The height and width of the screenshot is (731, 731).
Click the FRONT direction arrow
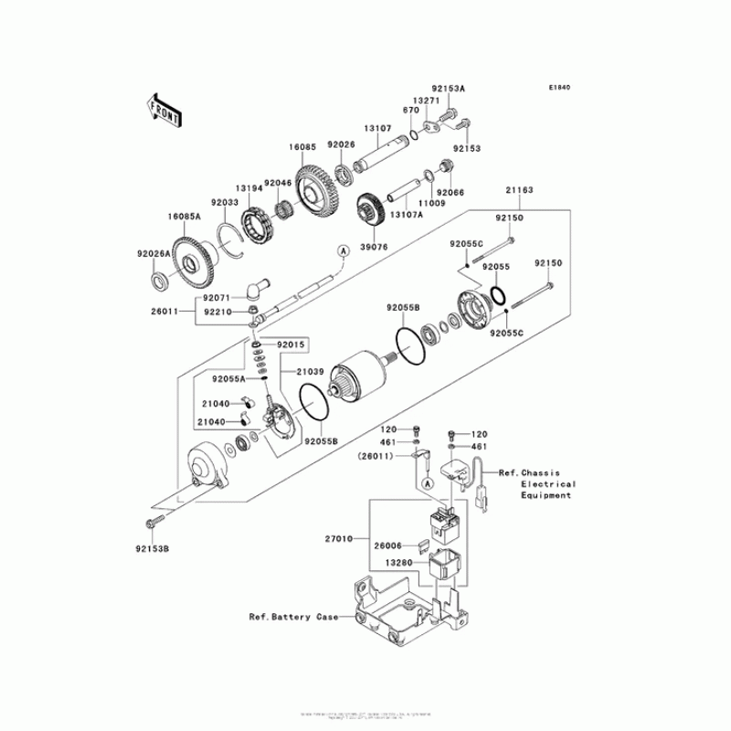161,107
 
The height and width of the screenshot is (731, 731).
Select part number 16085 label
303,146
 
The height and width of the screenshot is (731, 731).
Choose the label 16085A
158,217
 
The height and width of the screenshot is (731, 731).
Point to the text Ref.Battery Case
292,617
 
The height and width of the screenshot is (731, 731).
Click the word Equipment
546,495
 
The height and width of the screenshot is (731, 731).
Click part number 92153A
449,90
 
